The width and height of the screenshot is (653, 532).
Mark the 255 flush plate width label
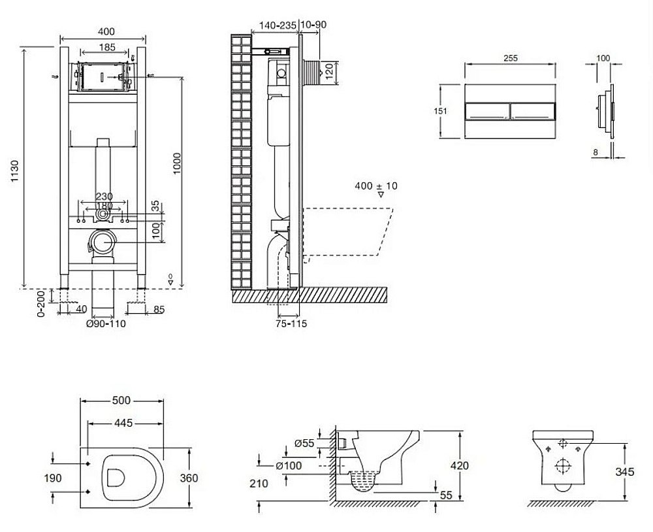[x=511, y=58]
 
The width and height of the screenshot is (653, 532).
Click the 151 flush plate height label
[x=442, y=111]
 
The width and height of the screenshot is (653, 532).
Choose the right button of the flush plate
[x=532, y=111]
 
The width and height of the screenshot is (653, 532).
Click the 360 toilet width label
[x=188, y=478]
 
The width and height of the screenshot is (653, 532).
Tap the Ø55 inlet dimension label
[x=304, y=442]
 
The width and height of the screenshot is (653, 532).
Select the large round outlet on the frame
[x=103, y=242]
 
